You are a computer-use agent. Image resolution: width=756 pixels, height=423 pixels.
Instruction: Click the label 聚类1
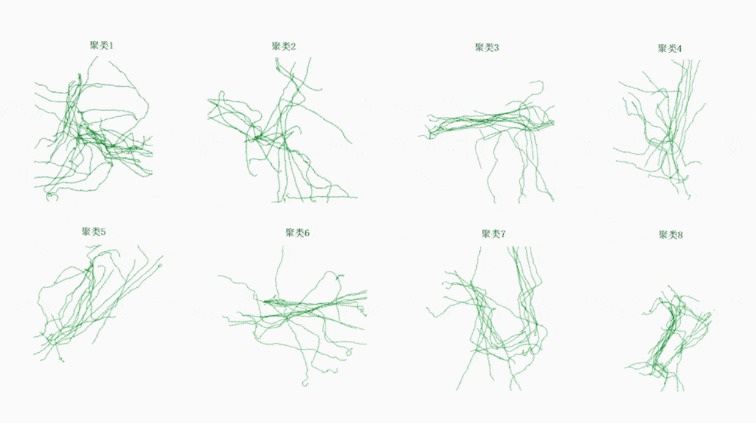(101, 45)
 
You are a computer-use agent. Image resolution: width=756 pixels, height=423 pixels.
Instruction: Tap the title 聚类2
(284, 46)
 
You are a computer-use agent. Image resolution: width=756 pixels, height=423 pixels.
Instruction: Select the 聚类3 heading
(487, 47)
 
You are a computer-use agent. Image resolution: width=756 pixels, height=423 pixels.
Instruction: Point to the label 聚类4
(670, 48)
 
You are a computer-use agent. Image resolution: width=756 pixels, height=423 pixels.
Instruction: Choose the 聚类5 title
(94, 232)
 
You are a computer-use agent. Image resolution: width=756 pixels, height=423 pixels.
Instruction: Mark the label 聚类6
(297, 232)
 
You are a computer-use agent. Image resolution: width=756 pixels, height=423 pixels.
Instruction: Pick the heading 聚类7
(494, 234)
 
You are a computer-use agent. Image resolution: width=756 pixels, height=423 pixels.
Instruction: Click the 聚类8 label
(671, 235)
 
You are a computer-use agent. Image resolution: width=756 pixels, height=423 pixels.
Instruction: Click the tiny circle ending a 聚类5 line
(160, 265)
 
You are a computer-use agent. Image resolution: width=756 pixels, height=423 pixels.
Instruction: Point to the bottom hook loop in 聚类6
(305, 384)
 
